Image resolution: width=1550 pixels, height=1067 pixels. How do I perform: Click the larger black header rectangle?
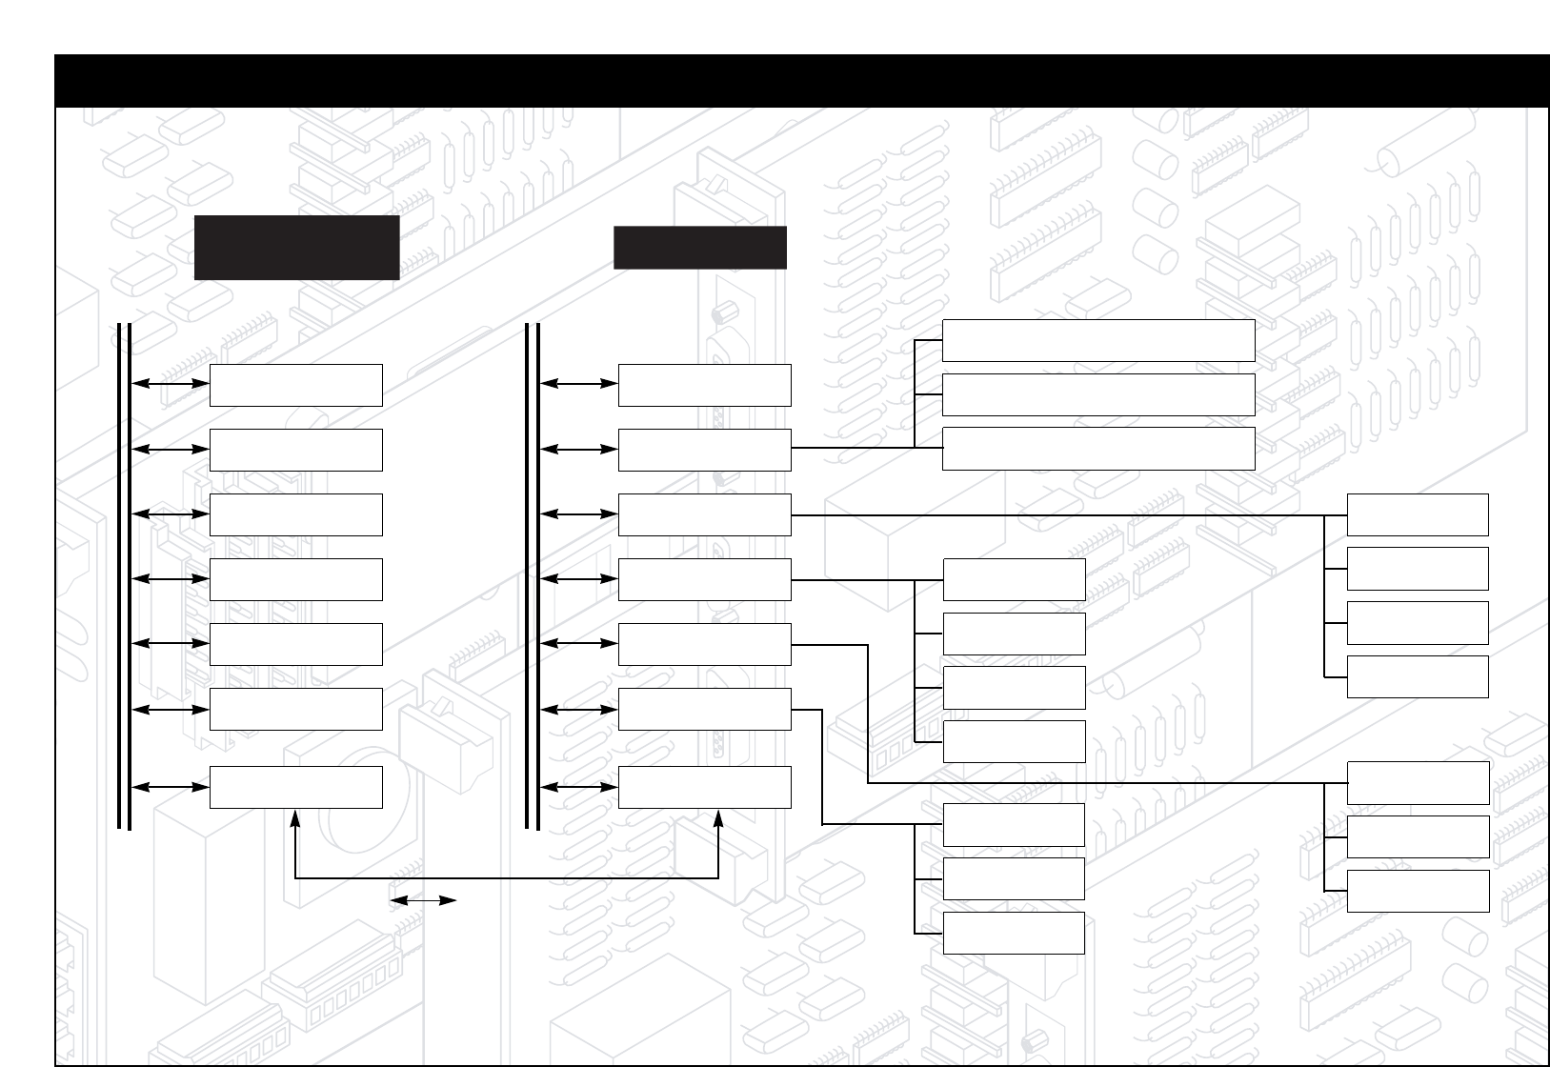(x=296, y=248)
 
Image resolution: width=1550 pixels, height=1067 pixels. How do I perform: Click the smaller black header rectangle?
(x=700, y=248)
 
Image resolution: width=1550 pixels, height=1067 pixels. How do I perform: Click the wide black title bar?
(x=800, y=80)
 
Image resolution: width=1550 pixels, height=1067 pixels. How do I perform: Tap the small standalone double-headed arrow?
(x=423, y=899)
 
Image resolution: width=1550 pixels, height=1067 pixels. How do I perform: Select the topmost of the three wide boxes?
(x=1097, y=340)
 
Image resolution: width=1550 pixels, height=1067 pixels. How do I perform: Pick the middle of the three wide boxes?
(x=1097, y=394)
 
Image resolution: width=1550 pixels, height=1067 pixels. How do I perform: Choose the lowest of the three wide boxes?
(x=1097, y=449)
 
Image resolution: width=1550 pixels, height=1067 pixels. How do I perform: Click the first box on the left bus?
(x=295, y=385)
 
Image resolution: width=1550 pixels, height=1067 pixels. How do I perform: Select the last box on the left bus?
(x=295, y=787)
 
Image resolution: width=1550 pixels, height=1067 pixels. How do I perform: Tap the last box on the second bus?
(x=704, y=787)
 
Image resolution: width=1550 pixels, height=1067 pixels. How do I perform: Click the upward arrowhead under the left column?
(x=296, y=816)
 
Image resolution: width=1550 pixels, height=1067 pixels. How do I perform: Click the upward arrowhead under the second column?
(x=718, y=816)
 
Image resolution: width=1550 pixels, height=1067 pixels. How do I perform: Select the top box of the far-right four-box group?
(x=1418, y=514)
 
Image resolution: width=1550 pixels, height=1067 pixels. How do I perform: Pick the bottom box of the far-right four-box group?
(x=1418, y=676)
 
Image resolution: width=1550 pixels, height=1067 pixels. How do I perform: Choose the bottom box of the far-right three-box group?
(x=1418, y=891)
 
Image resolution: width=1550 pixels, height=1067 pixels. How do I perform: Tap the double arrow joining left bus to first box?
(x=171, y=384)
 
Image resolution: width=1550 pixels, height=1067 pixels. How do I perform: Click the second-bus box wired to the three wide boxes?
(x=704, y=450)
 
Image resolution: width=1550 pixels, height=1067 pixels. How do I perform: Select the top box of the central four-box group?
(x=1014, y=579)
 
